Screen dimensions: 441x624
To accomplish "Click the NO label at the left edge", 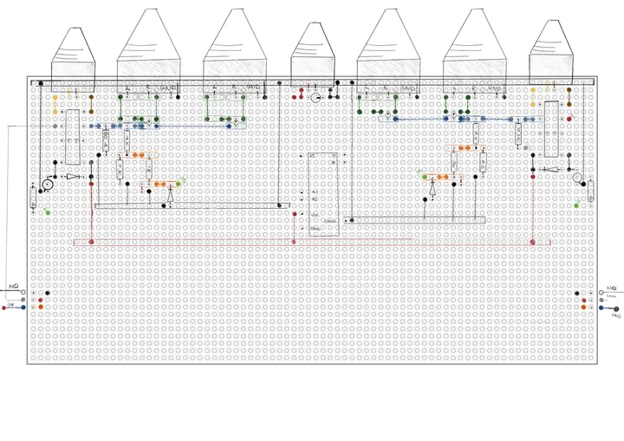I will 13,285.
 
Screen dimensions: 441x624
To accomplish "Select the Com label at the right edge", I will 611,296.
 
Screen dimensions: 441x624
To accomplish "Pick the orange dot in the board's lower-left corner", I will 42,307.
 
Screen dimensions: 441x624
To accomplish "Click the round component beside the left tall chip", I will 49,185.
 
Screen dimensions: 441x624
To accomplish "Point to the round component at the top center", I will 315,98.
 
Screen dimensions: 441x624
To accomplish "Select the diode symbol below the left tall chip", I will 73,177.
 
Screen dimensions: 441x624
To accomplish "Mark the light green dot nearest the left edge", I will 45,211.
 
